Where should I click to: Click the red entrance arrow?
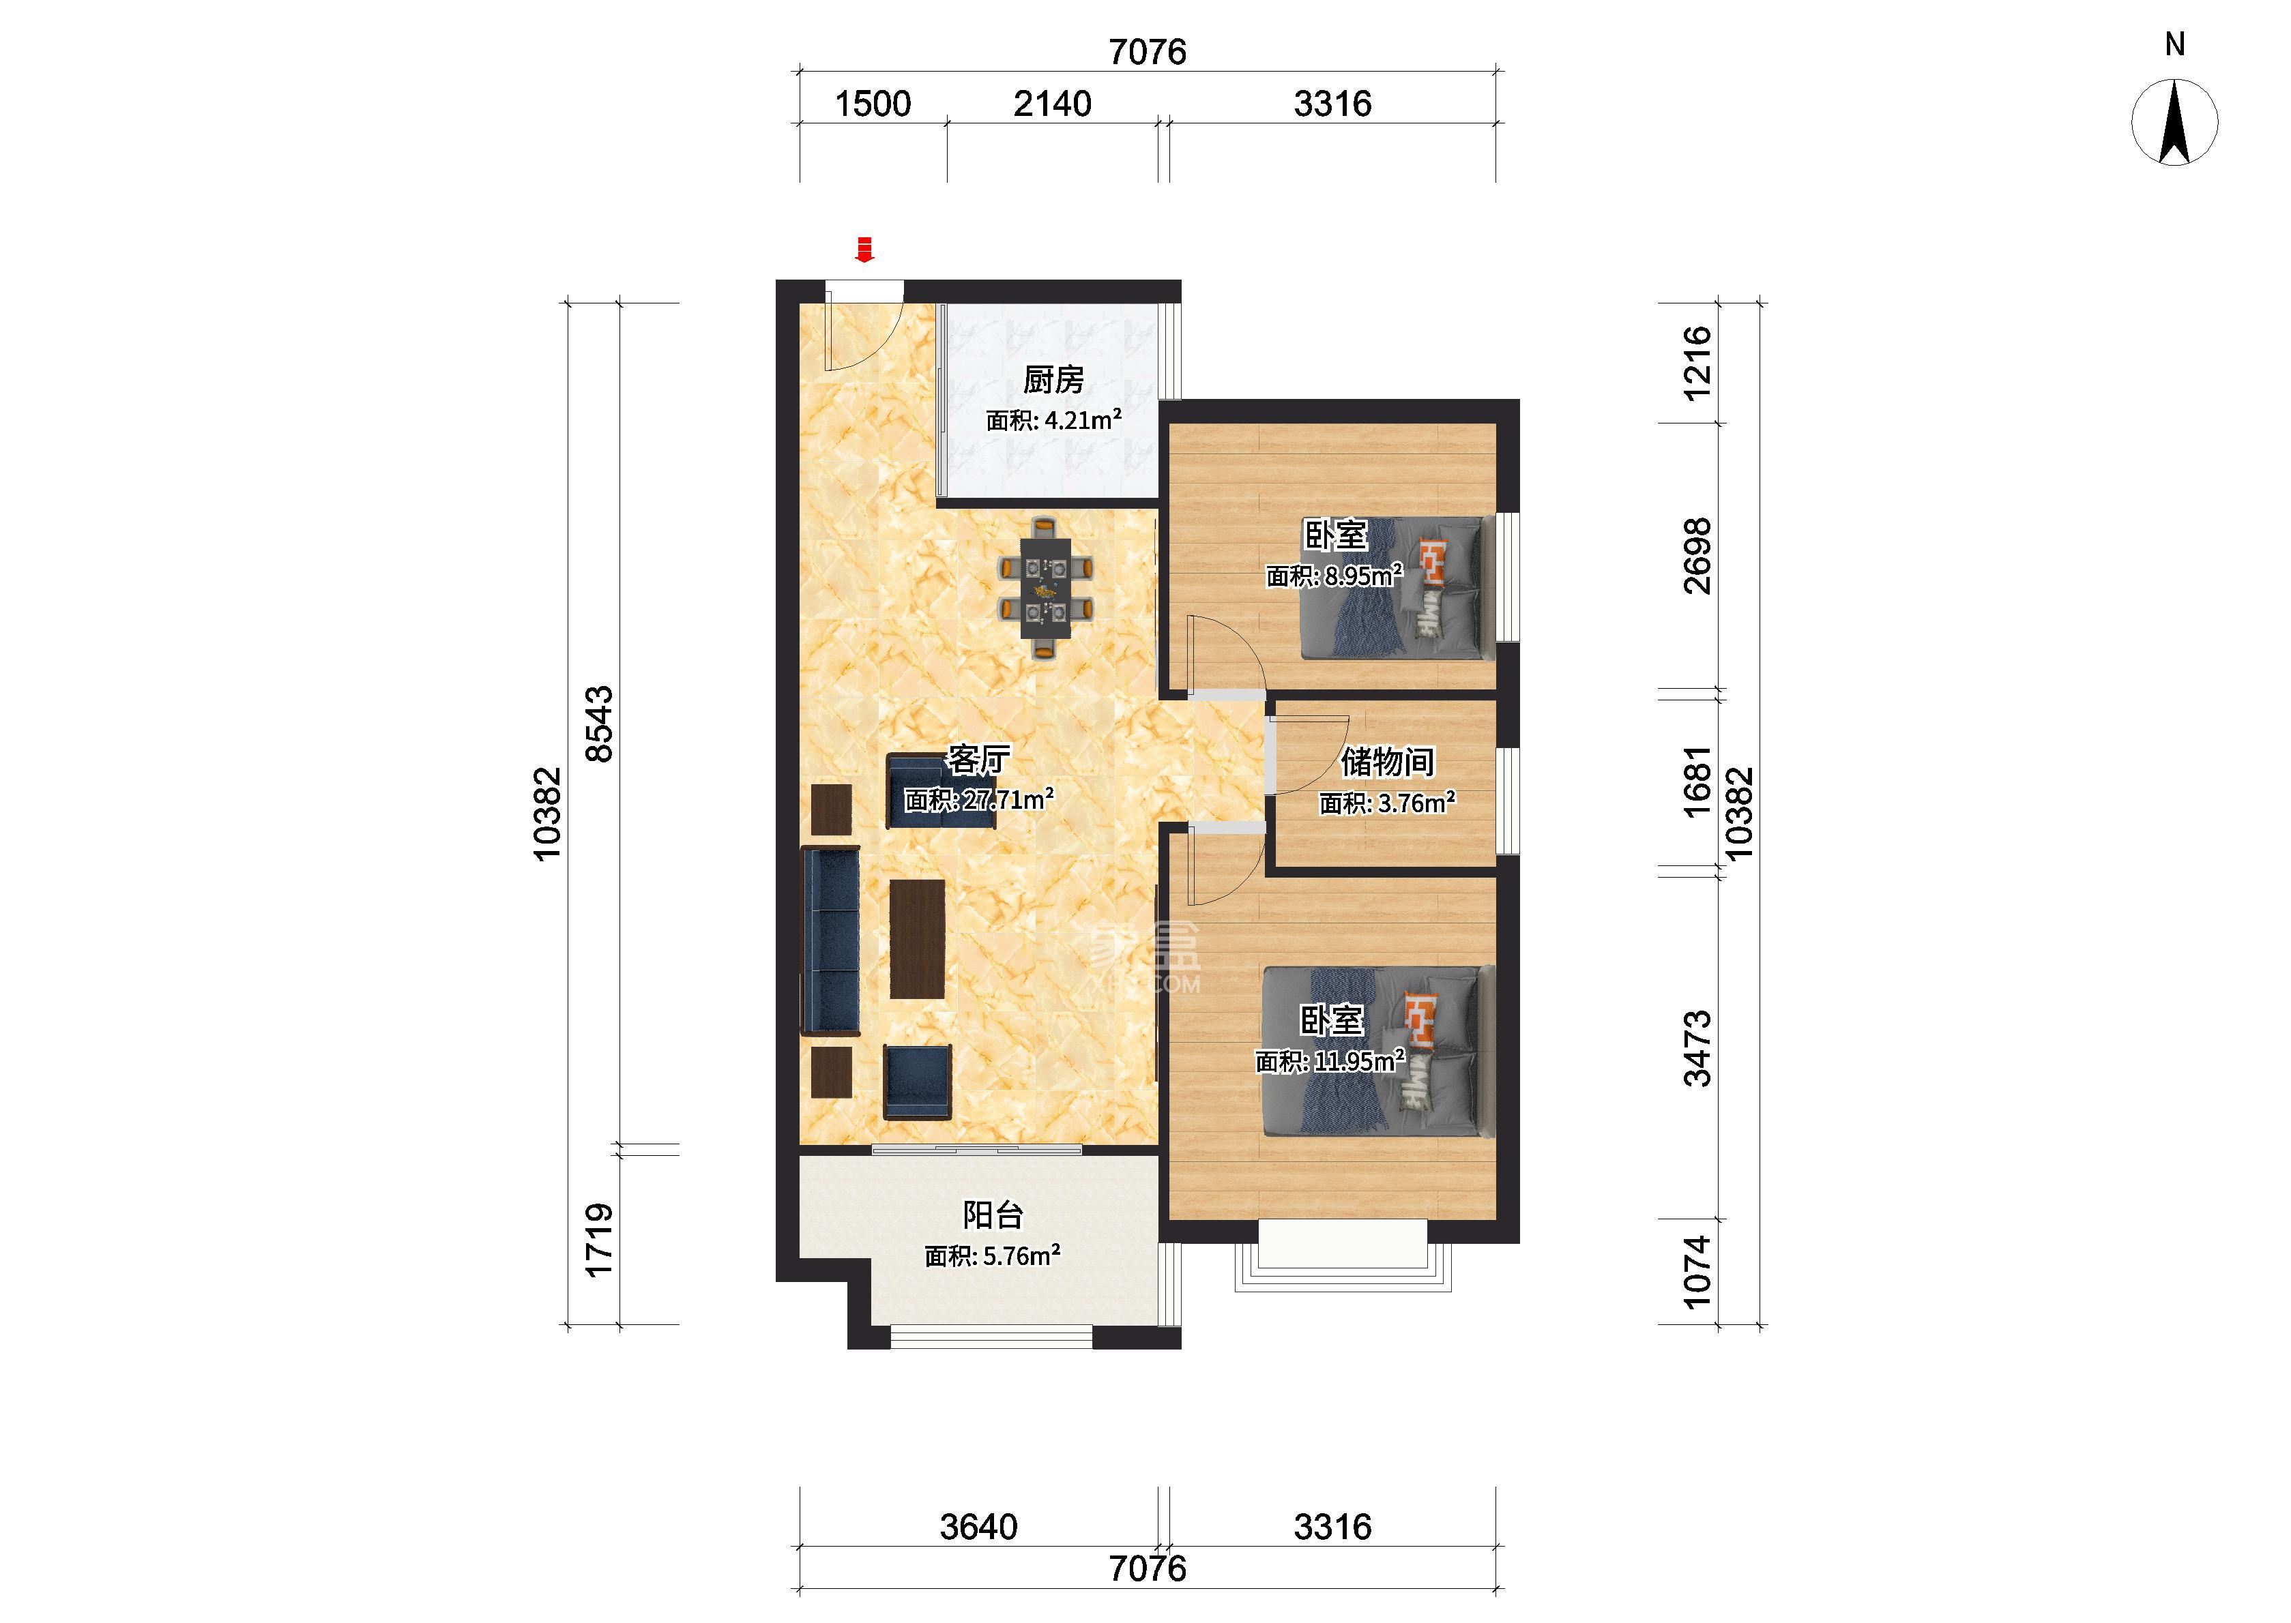tap(864, 250)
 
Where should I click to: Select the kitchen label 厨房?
tap(1053, 380)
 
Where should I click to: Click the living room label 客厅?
tap(978, 760)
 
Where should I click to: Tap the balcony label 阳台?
tap(993, 1215)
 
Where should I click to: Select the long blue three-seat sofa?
tap(830, 940)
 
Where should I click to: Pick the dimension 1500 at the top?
tap(873, 104)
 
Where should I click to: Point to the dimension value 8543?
tap(599, 724)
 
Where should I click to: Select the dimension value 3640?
tap(978, 1527)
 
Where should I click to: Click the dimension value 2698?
tap(1697, 556)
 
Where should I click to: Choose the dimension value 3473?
tap(1697, 1048)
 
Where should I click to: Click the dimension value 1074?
tap(1697, 1272)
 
